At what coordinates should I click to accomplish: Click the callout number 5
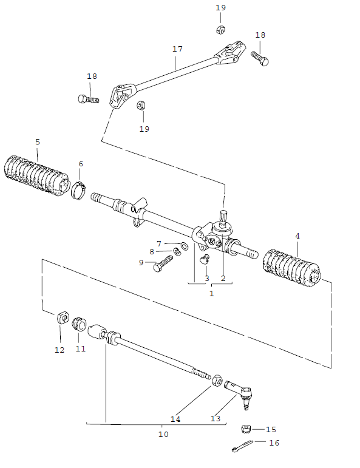click(x=38, y=141)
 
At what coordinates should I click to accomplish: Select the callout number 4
click(x=297, y=236)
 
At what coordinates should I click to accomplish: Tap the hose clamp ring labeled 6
click(x=79, y=189)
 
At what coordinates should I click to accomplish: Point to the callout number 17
click(x=177, y=48)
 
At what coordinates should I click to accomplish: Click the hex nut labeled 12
click(x=61, y=317)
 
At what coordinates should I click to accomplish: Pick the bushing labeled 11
click(x=79, y=324)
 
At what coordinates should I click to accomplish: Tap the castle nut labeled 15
click(x=246, y=430)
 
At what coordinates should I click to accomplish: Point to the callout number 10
click(x=163, y=434)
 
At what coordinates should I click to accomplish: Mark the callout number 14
click(x=175, y=419)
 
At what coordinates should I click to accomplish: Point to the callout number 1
click(x=211, y=293)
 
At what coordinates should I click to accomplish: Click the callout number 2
click(x=223, y=279)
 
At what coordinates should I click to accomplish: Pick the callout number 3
click(x=206, y=279)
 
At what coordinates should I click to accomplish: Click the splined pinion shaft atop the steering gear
click(x=223, y=217)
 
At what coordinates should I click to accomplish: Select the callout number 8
click(x=152, y=251)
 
